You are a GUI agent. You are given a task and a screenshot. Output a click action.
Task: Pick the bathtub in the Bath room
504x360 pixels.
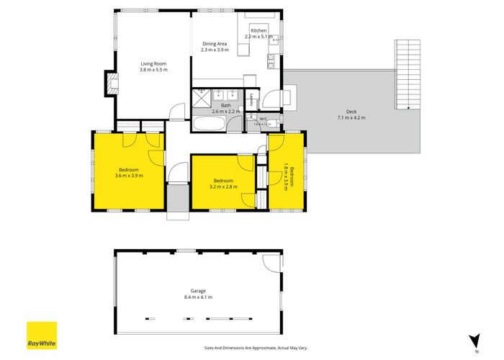pos(209,124)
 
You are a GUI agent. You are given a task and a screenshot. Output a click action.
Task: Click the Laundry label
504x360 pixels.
pos(251,101)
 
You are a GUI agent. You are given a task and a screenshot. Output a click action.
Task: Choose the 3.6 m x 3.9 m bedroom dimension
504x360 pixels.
pos(129,175)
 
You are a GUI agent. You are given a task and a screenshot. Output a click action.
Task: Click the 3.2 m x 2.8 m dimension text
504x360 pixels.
pos(223,186)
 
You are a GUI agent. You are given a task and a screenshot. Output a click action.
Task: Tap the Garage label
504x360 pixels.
pos(197,291)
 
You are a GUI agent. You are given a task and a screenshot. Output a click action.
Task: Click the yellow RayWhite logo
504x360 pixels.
pos(42,336)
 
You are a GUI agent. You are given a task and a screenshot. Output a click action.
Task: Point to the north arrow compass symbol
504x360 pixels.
pos(473,339)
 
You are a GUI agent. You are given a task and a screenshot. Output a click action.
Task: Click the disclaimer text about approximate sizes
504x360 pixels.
pos(256,348)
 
